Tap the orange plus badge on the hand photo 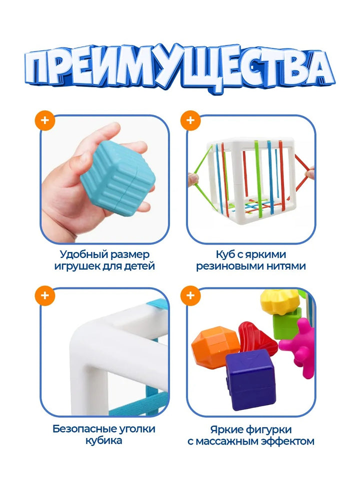coord(45,120)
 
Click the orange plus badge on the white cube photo coord(190,120)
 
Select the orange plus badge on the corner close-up coord(45,295)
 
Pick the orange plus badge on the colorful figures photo coord(190,295)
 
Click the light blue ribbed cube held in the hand coord(118,178)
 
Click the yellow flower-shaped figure coord(279,302)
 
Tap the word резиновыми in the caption coord(230,266)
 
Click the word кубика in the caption coord(103,441)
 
